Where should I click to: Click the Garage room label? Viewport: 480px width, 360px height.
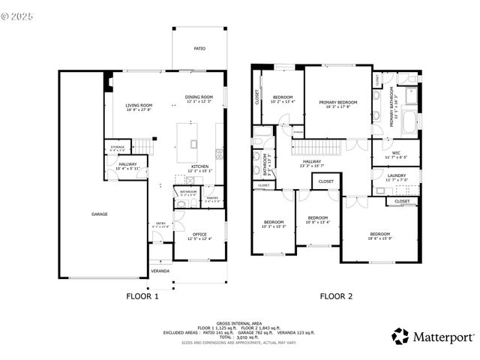click(x=100, y=214)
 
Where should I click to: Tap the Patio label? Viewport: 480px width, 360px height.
click(x=199, y=49)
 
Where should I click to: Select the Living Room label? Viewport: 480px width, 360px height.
click(x=139, y=106)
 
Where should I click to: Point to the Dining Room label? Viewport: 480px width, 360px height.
click(x=199, y=97)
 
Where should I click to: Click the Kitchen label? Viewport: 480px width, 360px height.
click(x=199, y=166)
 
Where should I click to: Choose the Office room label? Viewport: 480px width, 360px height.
click(x=199, y=234)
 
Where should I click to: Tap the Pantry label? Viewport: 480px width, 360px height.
click(x=212, y=198)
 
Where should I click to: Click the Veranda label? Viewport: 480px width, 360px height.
click(x=160, y=271)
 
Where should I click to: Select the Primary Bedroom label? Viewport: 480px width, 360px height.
click(x=337, y=103)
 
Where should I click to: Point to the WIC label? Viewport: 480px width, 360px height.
click(x=395, y=153)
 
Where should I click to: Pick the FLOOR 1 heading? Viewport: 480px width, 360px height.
click(x=142, y=296)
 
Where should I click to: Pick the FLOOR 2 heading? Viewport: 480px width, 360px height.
click(x=336, y=296)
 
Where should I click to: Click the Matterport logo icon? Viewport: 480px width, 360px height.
click(x=400, y=337)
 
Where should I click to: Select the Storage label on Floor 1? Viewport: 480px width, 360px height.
click(x=118, y=148)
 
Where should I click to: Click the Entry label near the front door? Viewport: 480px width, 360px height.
click(x=160, y=223)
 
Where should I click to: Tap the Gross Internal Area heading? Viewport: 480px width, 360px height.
click(x=238, y=323)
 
